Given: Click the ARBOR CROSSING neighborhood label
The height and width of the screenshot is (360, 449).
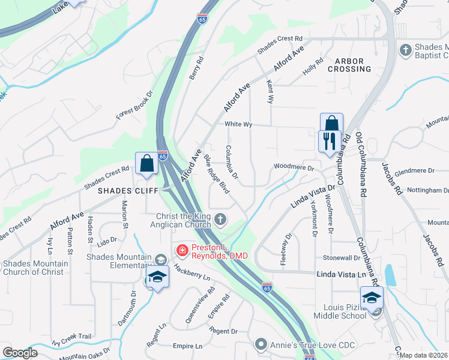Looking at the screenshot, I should [349, 65].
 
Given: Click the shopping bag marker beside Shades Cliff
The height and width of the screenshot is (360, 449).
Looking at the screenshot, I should [147, 163].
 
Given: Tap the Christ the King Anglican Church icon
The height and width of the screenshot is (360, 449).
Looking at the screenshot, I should [221, 220].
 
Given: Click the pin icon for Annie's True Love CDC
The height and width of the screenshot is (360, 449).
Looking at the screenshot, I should [261, 344].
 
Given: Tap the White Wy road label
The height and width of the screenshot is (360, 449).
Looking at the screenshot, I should [238, 124].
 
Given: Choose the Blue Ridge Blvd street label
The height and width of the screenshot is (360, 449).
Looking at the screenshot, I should [217, 175].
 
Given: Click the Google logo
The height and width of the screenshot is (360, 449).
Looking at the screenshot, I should [20, 353].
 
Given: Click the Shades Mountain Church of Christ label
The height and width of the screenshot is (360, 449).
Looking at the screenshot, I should [35, 268].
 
